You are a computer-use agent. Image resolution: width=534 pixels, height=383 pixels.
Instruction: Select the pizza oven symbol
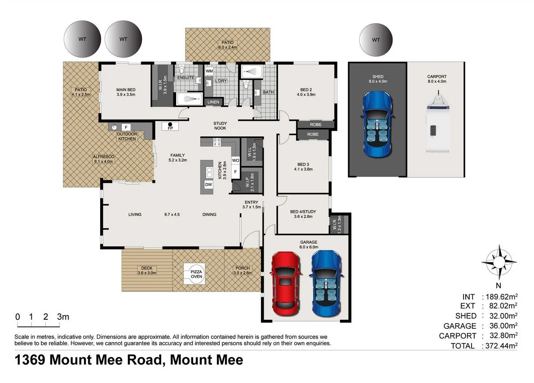197,274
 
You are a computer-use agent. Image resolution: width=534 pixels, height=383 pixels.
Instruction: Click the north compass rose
498,260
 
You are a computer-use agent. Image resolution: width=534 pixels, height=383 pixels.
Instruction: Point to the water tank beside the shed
376,40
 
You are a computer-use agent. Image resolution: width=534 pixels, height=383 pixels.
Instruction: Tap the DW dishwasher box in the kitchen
208,184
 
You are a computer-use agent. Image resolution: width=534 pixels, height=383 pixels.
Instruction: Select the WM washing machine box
209,71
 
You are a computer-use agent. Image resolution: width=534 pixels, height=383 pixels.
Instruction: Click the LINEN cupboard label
213,102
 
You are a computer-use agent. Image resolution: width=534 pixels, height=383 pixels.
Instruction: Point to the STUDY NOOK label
220,126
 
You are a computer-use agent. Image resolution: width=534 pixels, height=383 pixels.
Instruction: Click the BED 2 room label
306,92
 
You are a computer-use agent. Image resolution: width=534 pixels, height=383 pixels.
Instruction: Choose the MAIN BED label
125,92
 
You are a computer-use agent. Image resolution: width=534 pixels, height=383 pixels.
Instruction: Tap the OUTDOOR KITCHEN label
127,136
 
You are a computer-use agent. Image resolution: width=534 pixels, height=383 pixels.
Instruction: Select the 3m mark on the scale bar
63,317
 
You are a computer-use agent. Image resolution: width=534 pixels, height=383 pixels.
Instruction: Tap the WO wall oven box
235,160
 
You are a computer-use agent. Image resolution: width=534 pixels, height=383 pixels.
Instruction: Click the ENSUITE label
185,78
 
